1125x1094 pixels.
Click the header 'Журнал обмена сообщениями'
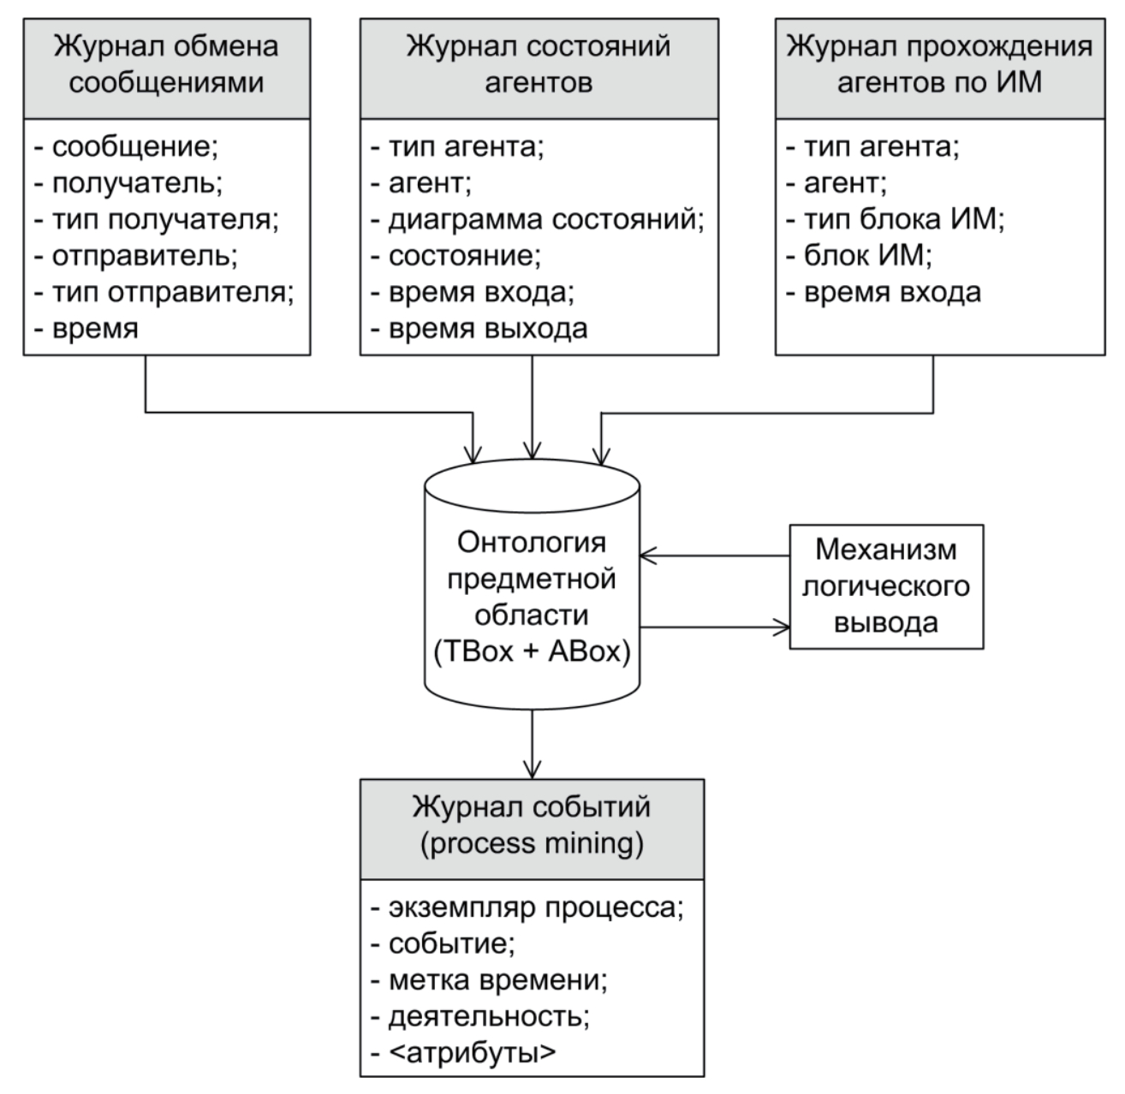[166, 65]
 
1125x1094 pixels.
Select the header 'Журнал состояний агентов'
[539, 65]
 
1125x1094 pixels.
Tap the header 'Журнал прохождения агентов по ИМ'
[939, 65]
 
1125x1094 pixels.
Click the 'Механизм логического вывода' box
[886, 586]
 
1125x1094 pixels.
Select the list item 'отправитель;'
[145, 256]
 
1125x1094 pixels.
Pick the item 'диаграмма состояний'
[545, 220]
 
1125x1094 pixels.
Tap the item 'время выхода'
[487, 329]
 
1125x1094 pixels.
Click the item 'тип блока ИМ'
[902, 220]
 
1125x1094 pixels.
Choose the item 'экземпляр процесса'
[534, 907]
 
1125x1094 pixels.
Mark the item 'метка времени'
[497, 979]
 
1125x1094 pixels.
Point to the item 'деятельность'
[488, 1016]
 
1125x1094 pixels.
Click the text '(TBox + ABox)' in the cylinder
[532, 652]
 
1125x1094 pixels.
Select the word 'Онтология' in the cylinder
[532, 543]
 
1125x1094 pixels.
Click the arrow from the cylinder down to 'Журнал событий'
[533, 736]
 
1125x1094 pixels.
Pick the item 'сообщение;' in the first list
[134, 147]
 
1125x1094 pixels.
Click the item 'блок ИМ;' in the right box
[867, 256]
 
